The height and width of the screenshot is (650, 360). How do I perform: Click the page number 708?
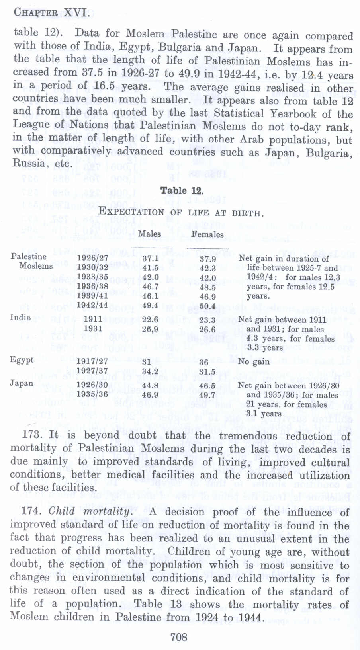pos(179,637)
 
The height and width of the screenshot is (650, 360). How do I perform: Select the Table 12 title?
pos(182,191)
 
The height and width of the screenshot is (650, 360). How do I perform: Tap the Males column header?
pos(149,234)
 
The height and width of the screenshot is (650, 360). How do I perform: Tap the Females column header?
pos(207,234)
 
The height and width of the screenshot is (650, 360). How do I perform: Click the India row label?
pos(20,317)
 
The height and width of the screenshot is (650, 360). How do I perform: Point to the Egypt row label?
pos(22,360)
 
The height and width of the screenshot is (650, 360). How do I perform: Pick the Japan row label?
pos(22,383)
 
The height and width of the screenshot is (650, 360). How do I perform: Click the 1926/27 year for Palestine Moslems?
pos(92,258)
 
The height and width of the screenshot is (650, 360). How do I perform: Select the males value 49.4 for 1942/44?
pos(151,306)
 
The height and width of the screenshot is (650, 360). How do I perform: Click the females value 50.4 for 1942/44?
pos(207,306)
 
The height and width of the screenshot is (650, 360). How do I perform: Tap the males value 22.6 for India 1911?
pos(151,319)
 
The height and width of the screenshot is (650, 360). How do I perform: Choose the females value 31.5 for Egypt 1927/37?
pos(207,372)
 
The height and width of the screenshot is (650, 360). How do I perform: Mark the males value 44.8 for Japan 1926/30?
pos(151,385)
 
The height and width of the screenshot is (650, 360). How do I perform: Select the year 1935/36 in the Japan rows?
pos(92,395)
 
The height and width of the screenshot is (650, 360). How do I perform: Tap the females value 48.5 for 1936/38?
pos(207,287)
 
